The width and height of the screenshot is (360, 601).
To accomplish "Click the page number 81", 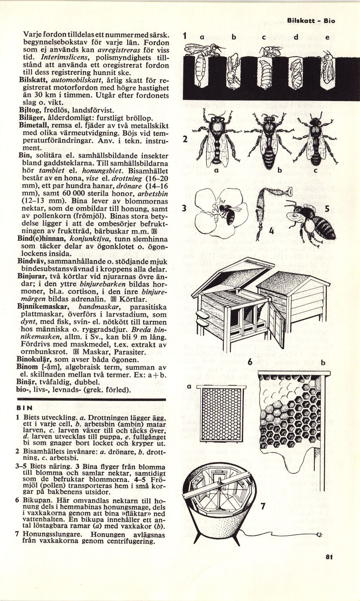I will [x=330, y=557].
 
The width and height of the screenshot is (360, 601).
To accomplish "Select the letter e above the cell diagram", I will [x=327, y=37].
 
